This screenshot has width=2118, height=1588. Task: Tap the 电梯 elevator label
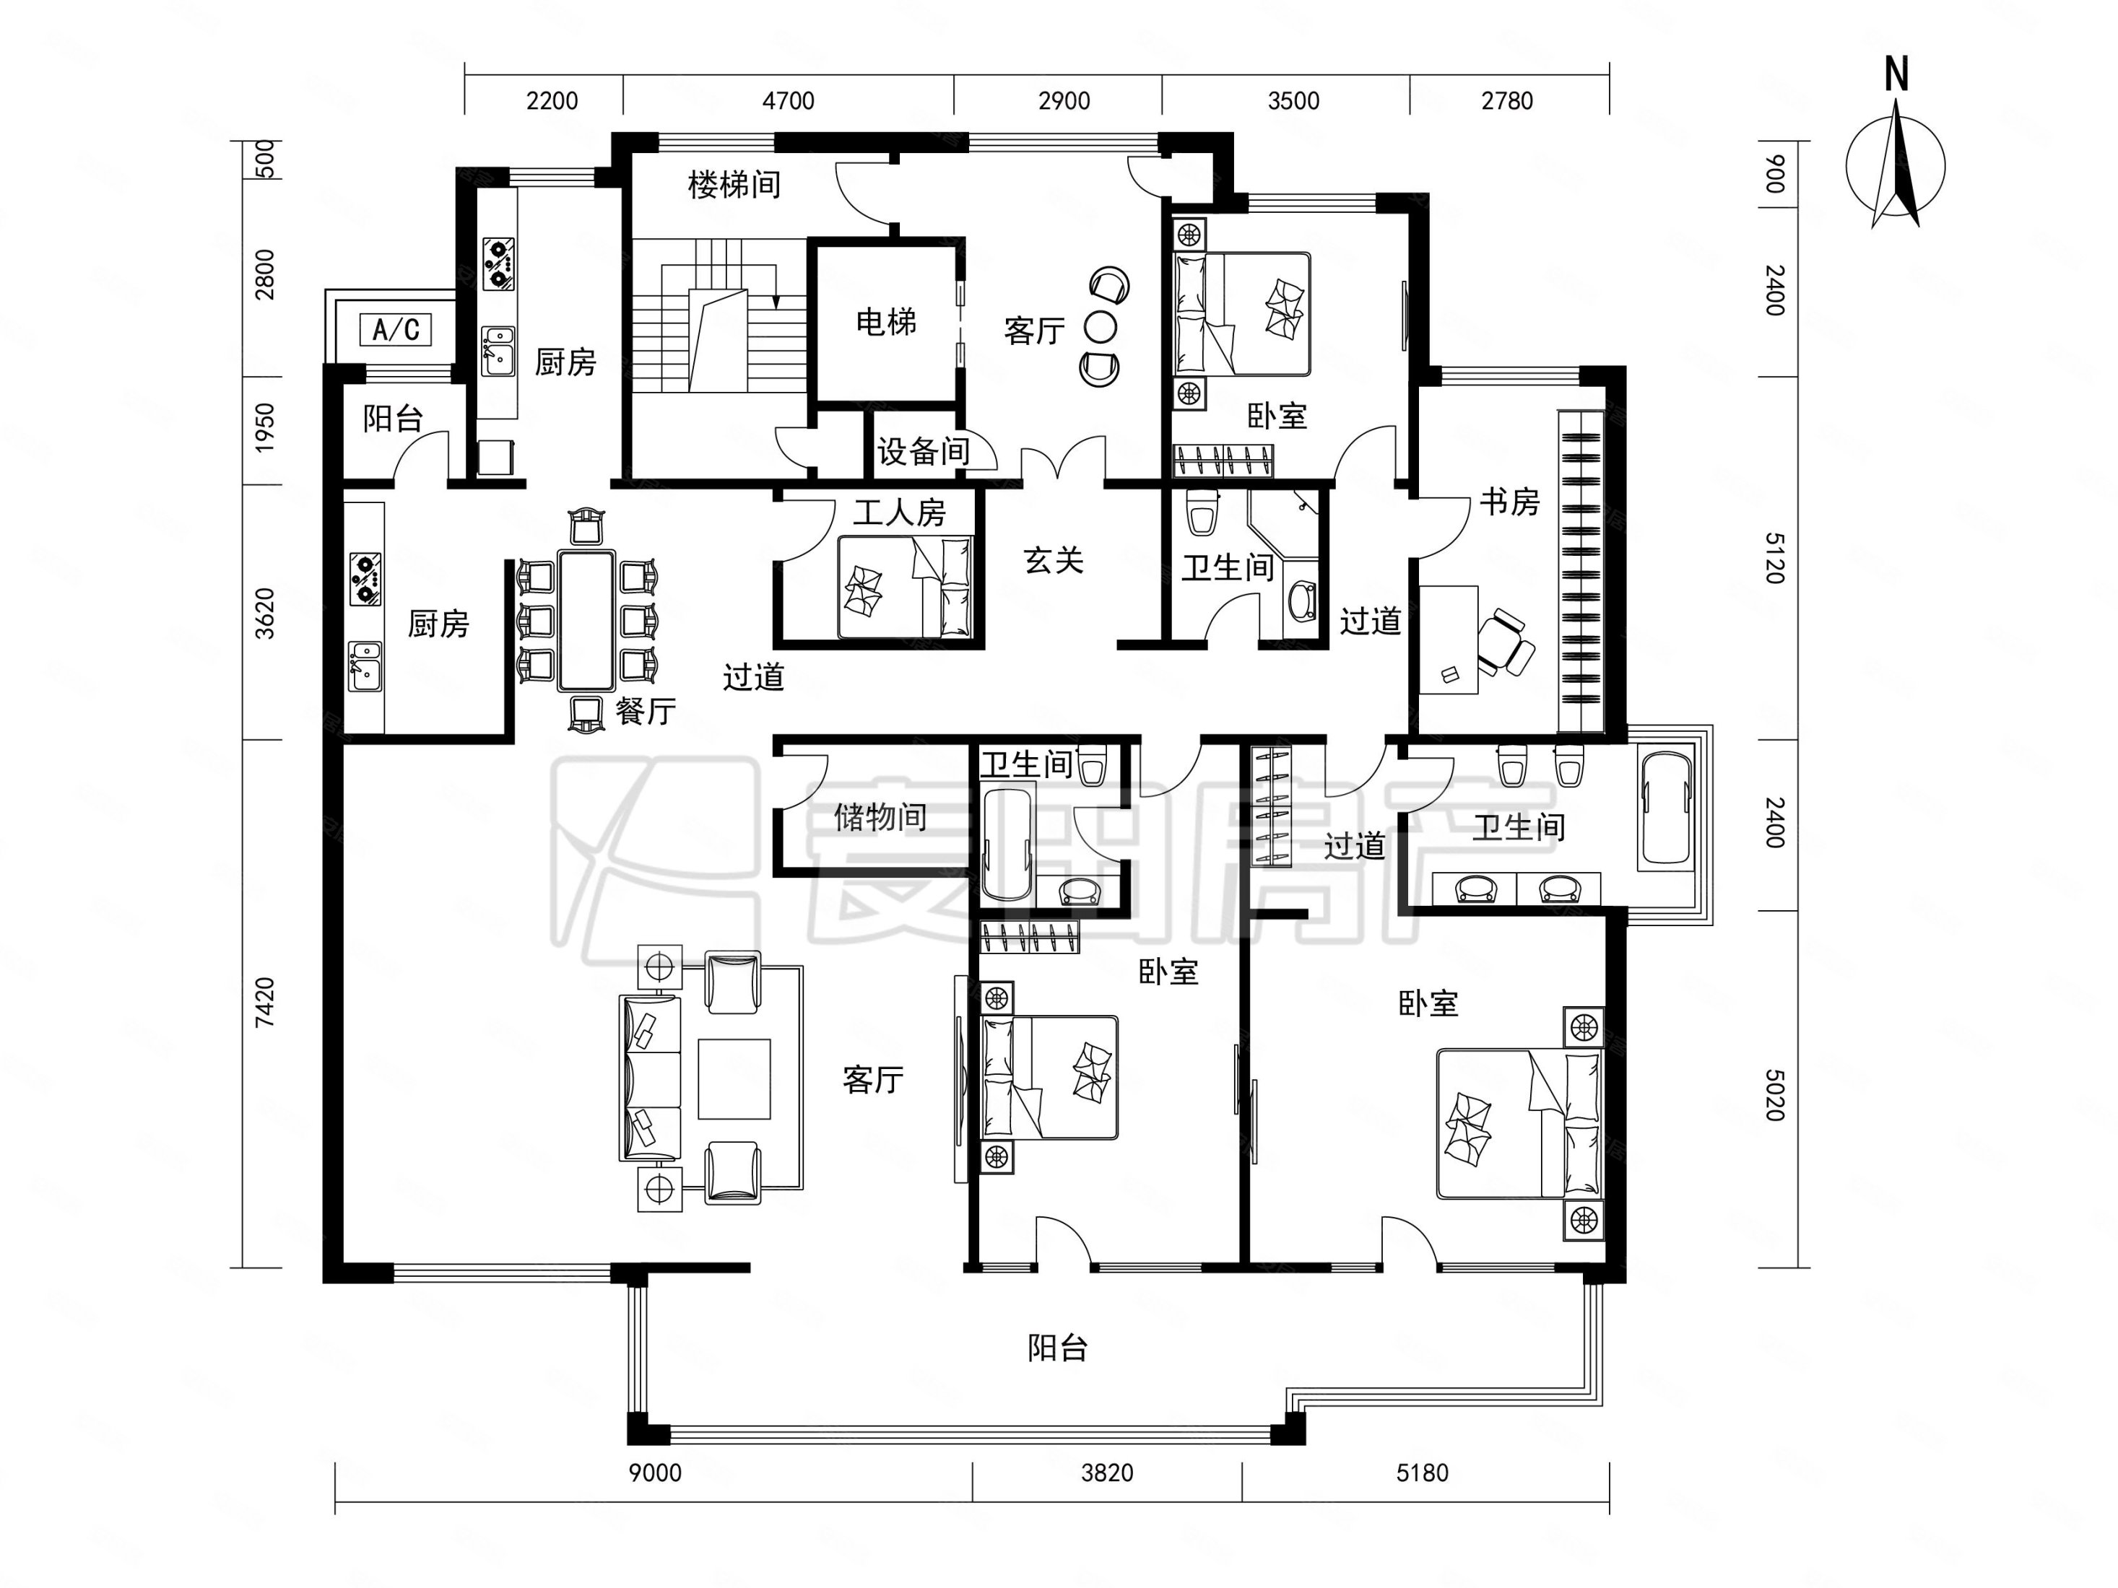[886, 323]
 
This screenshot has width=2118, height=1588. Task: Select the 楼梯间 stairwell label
[734, 185]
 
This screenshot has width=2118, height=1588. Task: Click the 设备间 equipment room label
[923, 452]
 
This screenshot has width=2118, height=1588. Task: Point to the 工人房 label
[899, 513]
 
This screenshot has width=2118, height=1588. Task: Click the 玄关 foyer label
[1054, 561]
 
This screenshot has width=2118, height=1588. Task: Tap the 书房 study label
[1509, 501]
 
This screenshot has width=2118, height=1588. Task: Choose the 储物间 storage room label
[880, 816]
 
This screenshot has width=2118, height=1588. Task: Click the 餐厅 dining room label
[646, 711]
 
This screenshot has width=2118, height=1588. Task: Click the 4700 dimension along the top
[788, 100]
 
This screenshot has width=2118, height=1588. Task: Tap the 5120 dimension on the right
[1774, 558]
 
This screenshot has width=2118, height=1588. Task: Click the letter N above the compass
[1896, 74]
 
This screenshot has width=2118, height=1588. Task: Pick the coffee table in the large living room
[734, 1079]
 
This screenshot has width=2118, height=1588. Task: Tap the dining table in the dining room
[586, 619]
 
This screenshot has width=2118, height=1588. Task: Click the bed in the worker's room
[906, 587]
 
